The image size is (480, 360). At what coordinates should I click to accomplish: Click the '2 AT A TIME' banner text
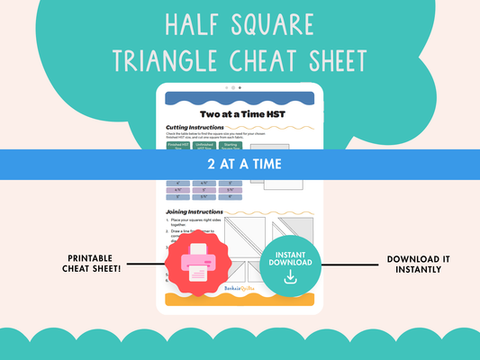click(x=240, y=164)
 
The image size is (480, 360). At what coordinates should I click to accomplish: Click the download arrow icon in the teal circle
click(x=290, y=278)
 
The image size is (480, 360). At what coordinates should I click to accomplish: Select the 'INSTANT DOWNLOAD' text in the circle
click(x=290, y=257)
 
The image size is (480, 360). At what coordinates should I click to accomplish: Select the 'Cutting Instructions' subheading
click(x=195, y=128)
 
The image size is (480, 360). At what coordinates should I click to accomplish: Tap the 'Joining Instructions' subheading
click(x=195, y=211)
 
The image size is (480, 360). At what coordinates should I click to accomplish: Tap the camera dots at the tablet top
click(x=233, y=88)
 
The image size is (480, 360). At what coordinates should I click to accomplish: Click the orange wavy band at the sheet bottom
click(x=240, y=298)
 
